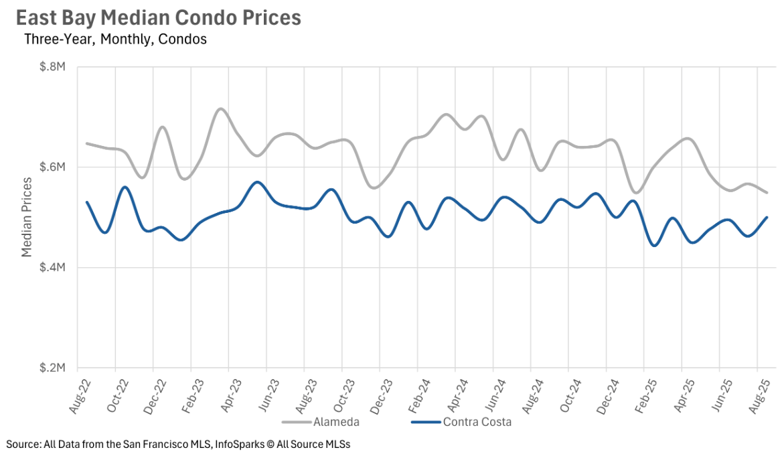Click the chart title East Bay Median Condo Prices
159,18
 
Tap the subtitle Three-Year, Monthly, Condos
115,40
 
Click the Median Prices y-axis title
27,217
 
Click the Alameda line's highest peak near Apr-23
220,108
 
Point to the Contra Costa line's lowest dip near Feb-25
654,246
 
